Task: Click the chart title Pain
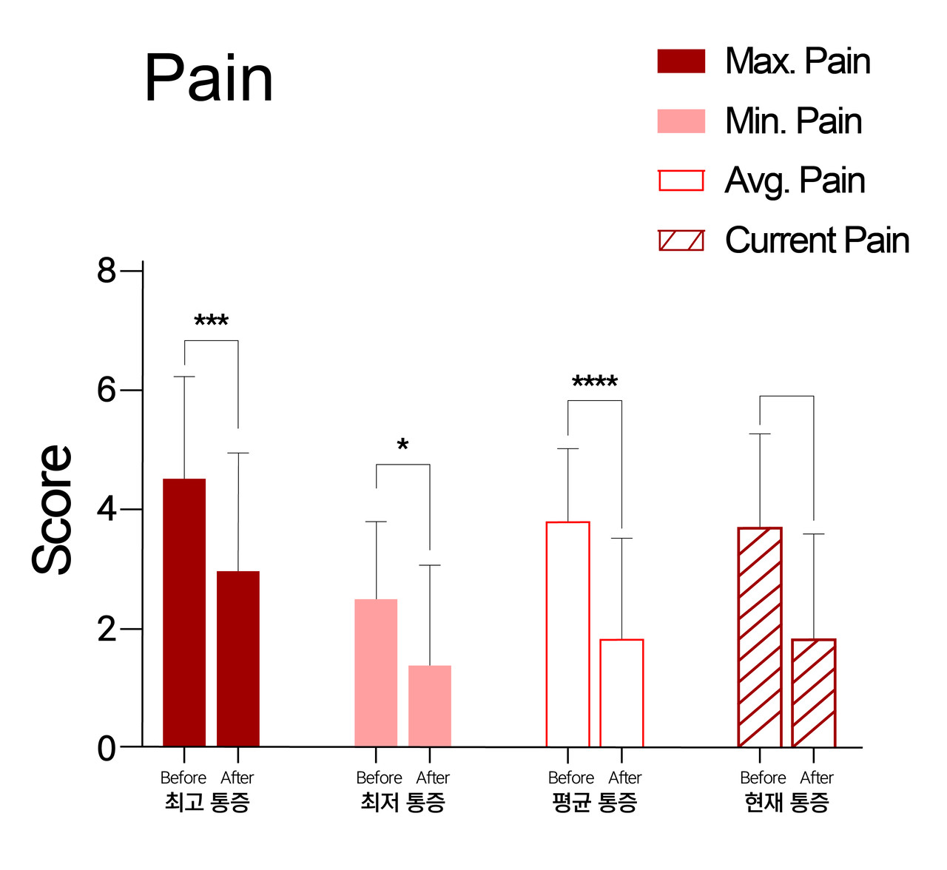point(209,78)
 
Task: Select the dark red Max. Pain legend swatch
point(681,61)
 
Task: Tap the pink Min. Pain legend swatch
point(681,121)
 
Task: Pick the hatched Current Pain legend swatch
point(681,240)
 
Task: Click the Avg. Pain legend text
point(795,181)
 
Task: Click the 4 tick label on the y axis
point(107,510)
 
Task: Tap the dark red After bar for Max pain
point(238,658)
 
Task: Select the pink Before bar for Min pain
point(376,672)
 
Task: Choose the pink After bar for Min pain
point(430,706)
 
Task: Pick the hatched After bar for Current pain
point(813,692)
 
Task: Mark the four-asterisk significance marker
point(595,382)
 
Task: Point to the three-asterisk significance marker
point(211,322)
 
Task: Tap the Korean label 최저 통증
point(402,802)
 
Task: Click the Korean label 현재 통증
point(786,802)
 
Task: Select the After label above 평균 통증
point(624,778)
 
